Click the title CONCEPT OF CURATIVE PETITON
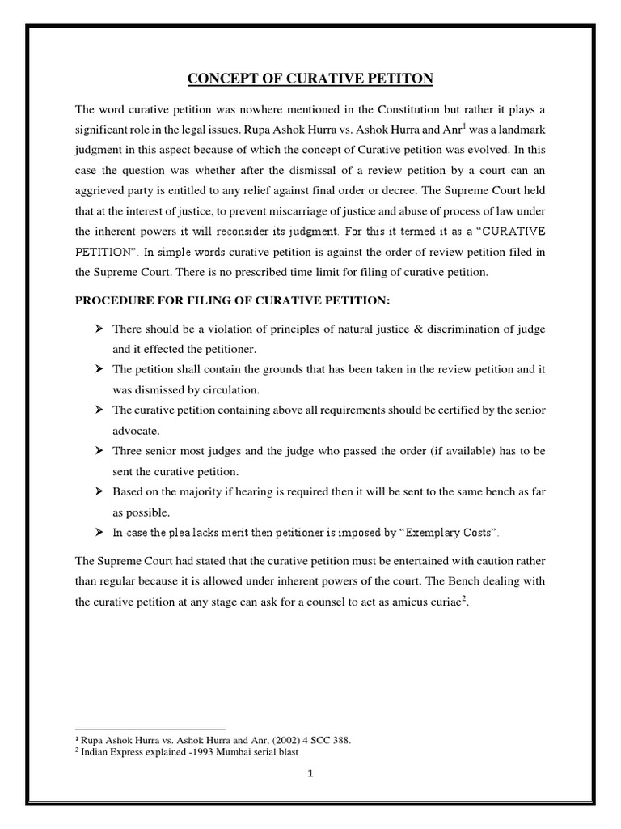310,79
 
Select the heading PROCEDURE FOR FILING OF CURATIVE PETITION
232,301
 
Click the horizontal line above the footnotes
150,728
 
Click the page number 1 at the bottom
310,773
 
